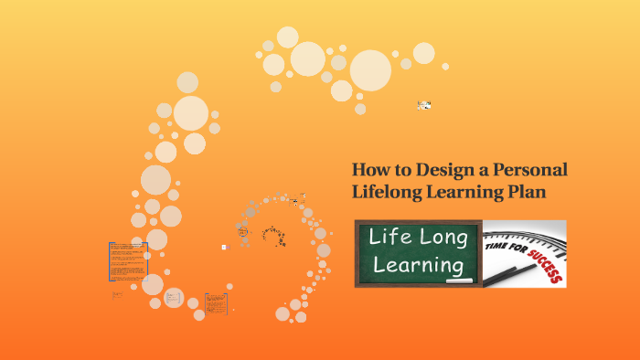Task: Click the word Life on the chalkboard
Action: point(389,238)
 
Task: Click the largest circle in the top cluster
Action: point(370,69)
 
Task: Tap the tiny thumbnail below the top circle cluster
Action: point(424,105)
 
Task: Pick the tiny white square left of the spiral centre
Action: point(223,247)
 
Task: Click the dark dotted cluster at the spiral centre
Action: point(273,235)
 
